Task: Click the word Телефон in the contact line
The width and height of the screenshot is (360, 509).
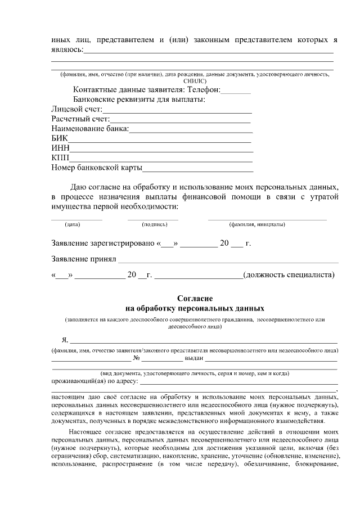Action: (201, 90)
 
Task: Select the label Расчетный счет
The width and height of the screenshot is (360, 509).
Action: (79, 119)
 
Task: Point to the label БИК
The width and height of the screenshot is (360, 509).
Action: (59, 138)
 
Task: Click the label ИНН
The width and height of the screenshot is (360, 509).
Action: (60, 148)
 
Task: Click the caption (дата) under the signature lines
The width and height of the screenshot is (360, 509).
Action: (73, 225)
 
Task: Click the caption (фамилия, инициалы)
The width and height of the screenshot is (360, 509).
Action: (256, 225)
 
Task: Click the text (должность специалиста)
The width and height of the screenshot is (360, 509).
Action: (289, 275)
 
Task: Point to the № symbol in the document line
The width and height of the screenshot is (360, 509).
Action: (136, 358)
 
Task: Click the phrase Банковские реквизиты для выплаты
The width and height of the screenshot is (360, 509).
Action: (139, 100)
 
